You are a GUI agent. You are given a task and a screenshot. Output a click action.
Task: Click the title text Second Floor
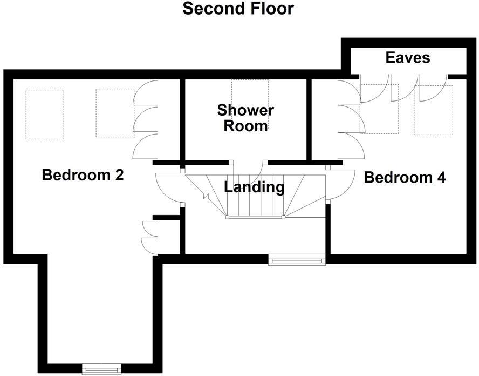pyautogui.click(x=238, y=9)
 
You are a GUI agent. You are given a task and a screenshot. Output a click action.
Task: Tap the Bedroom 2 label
pyautogui.click(x=83, y=175)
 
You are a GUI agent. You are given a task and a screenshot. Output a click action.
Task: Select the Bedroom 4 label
pyautogui.click(x=405, y=178)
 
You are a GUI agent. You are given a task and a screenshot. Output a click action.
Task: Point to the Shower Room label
pyautogui.click(x=245, y=118)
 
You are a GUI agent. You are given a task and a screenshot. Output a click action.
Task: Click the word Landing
pyautogui.click(x=254, y=187)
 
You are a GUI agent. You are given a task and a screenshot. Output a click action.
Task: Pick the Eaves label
pyautogui.click(x=408, y=58)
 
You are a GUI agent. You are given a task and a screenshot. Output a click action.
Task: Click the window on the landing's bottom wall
pyautogui.click(x=298, y=261)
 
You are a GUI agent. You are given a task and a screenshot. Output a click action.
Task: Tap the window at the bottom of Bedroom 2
pyautogui.click(x=100, y=370)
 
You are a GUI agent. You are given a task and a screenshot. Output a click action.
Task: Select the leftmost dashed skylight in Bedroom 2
pyautogui.click(x=44, y=114)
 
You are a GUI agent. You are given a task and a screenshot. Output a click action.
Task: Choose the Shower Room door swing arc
pyautogui.click(x=248, y=169)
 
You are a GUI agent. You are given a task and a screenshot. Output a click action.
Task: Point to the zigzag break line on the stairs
pyautogui.click(x=204, y=193)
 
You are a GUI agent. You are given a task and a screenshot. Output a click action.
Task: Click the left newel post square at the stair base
pyautogui.click(x=227, y=218)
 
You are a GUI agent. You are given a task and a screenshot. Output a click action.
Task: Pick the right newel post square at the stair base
pyautogui.click(x=284, y=218)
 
